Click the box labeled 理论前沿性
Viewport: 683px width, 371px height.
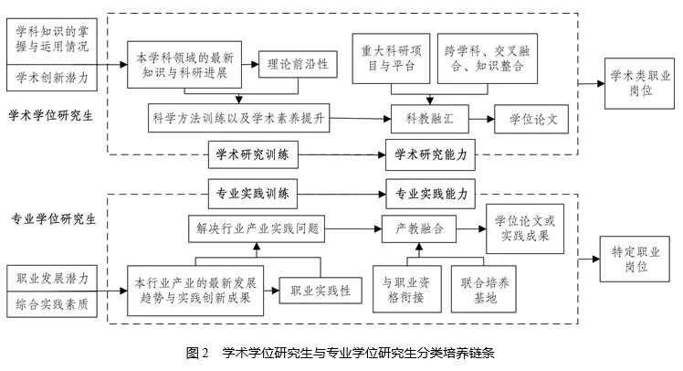(x=298, y=65)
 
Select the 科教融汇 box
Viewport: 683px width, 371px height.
(x=430, y=119)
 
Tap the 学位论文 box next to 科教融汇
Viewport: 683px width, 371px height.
(x=531, y=119)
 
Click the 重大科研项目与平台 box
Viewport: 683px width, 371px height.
(x=391, y=58)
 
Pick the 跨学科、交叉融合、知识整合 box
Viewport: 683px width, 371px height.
(x=488, y=58)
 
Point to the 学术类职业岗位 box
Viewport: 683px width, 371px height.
(x=639, y=83)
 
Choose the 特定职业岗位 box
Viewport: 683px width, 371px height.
(x=635, y=259)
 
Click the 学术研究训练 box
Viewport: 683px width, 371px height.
(x=253, y=154)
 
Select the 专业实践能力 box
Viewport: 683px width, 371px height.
(x=430, y=194)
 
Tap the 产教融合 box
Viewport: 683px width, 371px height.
(x=419, y=228)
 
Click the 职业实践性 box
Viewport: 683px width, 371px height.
(x=320, y=291)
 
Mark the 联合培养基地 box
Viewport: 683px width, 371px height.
(x=484, y=289)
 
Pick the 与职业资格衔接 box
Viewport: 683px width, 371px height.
(x=407, y=289)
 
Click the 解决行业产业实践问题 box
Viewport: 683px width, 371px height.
(x=257, y=228)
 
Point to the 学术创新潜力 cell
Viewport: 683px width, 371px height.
(x=52, y=78)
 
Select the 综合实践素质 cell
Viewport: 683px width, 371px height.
(x=52, y=304)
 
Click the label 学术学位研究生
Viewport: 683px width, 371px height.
(x=51, y=115)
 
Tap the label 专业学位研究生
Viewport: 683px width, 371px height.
(x=54, y=218)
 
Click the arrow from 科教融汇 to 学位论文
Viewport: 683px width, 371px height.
(x=482, y=119)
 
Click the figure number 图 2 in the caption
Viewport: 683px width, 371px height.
(x=197, y=353)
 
